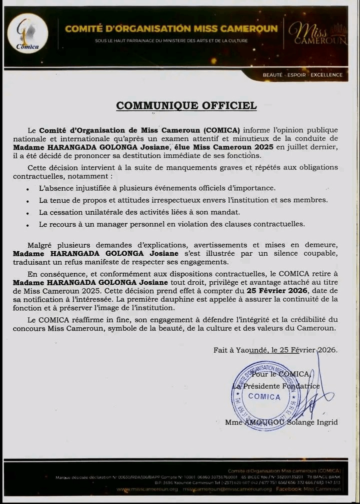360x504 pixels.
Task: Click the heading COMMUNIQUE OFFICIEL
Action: point(186,105)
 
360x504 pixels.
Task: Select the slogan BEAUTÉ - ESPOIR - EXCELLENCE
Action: point(303,75)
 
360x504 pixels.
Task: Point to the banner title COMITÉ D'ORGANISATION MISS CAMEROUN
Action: point(171,28)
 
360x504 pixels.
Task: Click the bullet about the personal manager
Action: point(171,224)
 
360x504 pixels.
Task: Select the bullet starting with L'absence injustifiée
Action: point(156,188)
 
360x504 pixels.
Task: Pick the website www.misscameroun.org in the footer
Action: point(147,489)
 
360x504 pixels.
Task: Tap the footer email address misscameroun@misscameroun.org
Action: point(227,489)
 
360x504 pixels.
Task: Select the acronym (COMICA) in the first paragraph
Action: point(220,131)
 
